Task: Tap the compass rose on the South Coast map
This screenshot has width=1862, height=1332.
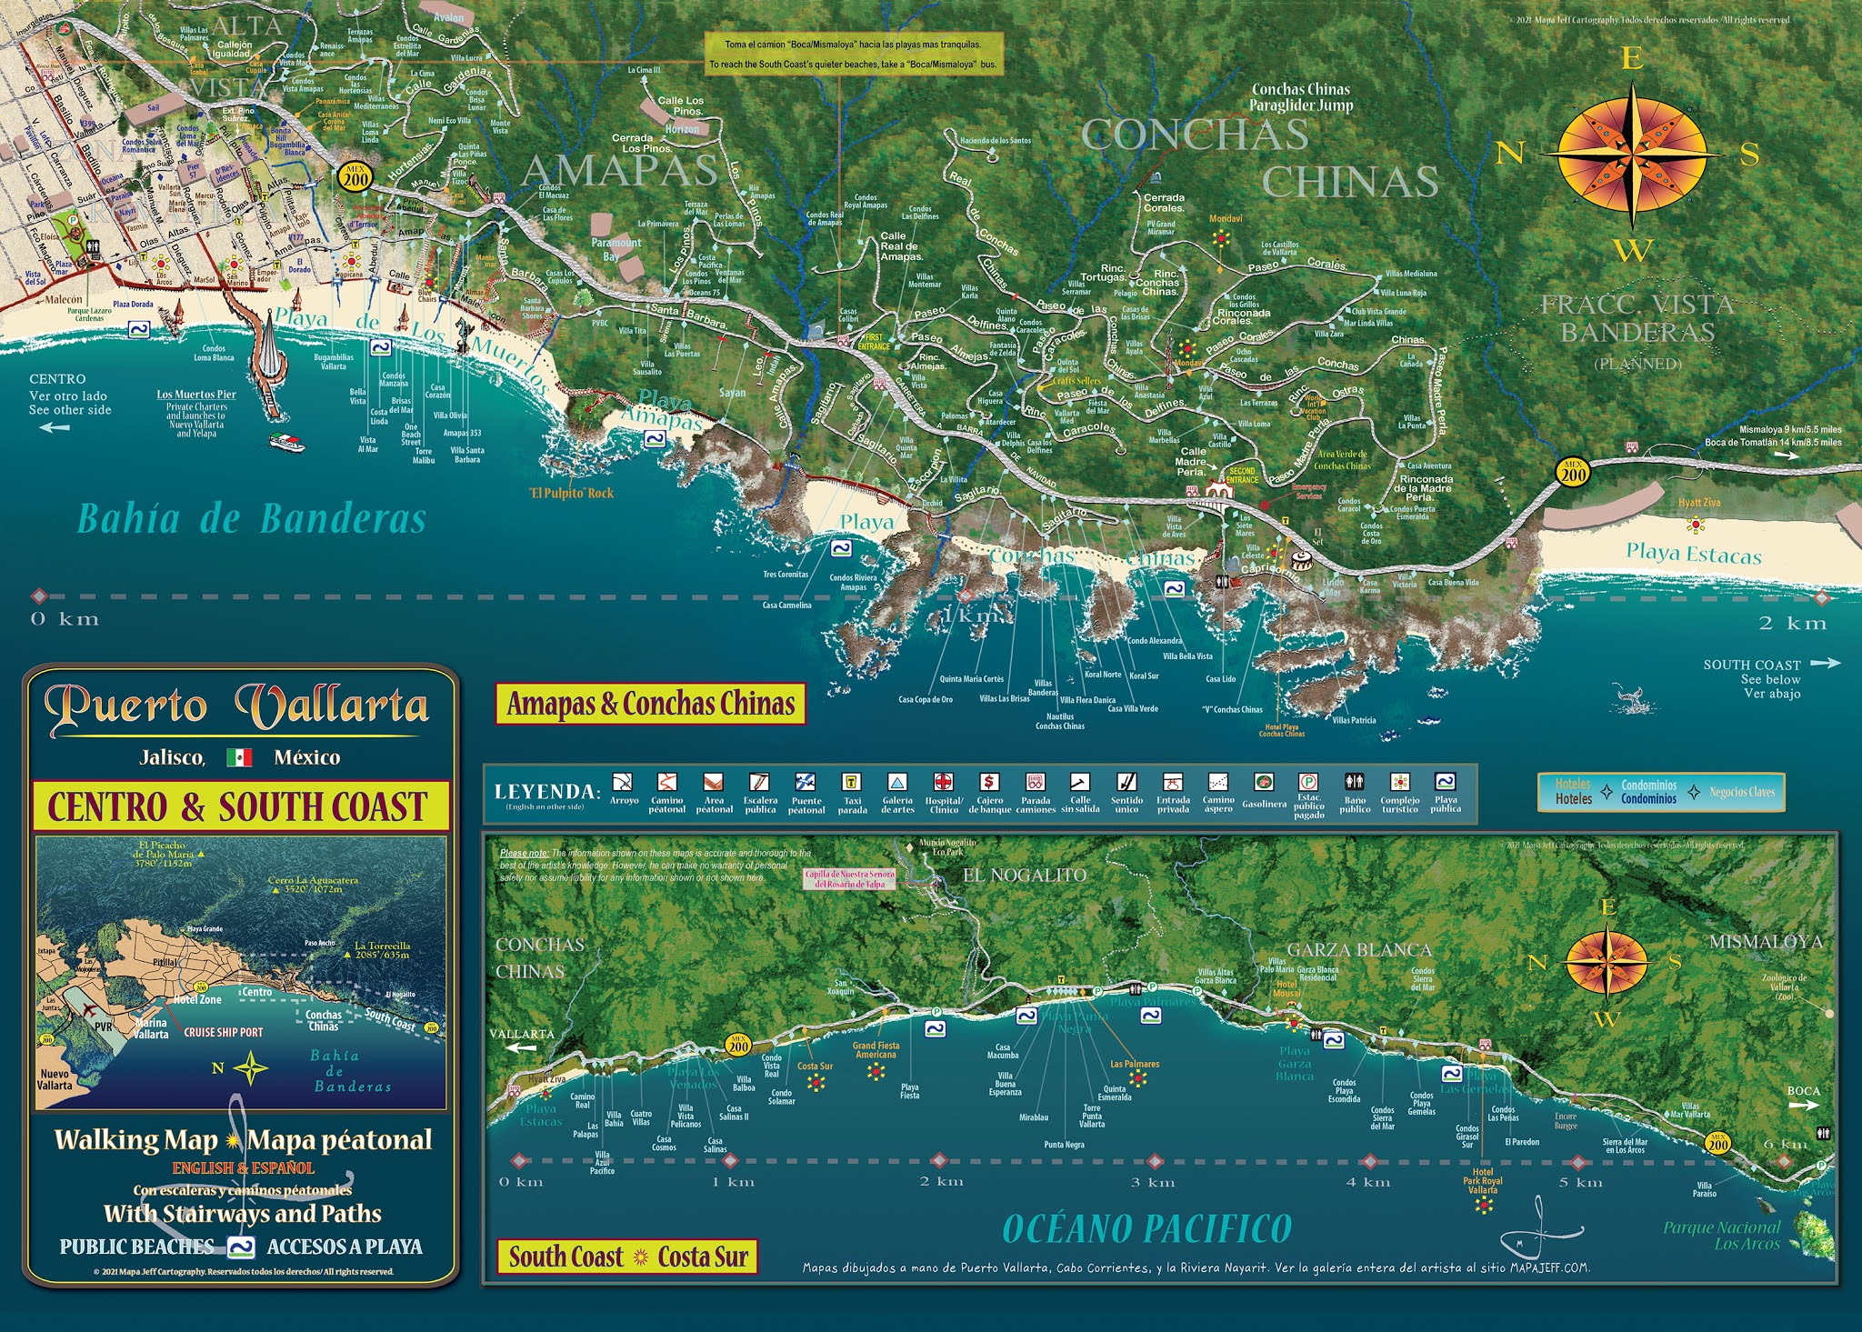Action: click(x=1607, y=961)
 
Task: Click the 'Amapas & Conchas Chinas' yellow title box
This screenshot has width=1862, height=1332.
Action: click(x=651, y=704)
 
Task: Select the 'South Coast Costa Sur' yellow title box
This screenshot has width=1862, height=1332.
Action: click(x=626, y=1257)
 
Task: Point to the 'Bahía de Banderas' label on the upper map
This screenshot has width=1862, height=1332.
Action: click(x=251, y=519)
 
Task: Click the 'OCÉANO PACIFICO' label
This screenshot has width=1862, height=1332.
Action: click(x=1146, y=1229)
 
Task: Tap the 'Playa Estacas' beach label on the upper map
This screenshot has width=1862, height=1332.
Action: click(x=1693, y=553)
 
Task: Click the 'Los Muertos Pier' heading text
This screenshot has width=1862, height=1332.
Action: click(x=196, y=395)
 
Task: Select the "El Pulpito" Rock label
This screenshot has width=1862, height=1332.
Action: click(x=572, y=494)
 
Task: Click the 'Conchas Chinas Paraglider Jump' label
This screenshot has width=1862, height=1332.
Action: click(x=1301, y=97)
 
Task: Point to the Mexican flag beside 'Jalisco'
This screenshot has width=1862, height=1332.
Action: click(x=239, y=757)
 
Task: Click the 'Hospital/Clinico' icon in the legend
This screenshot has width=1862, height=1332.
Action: click(x=943, y=782)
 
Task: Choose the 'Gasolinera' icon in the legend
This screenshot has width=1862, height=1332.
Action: click(x=1263, y=782)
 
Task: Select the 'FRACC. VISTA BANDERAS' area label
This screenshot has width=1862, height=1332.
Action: click(x=1637, y=318)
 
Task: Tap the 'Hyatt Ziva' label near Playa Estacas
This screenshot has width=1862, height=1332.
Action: click(x=1699, y=503)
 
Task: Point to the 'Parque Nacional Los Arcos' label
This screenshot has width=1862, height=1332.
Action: click(x=1721, y=1235)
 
